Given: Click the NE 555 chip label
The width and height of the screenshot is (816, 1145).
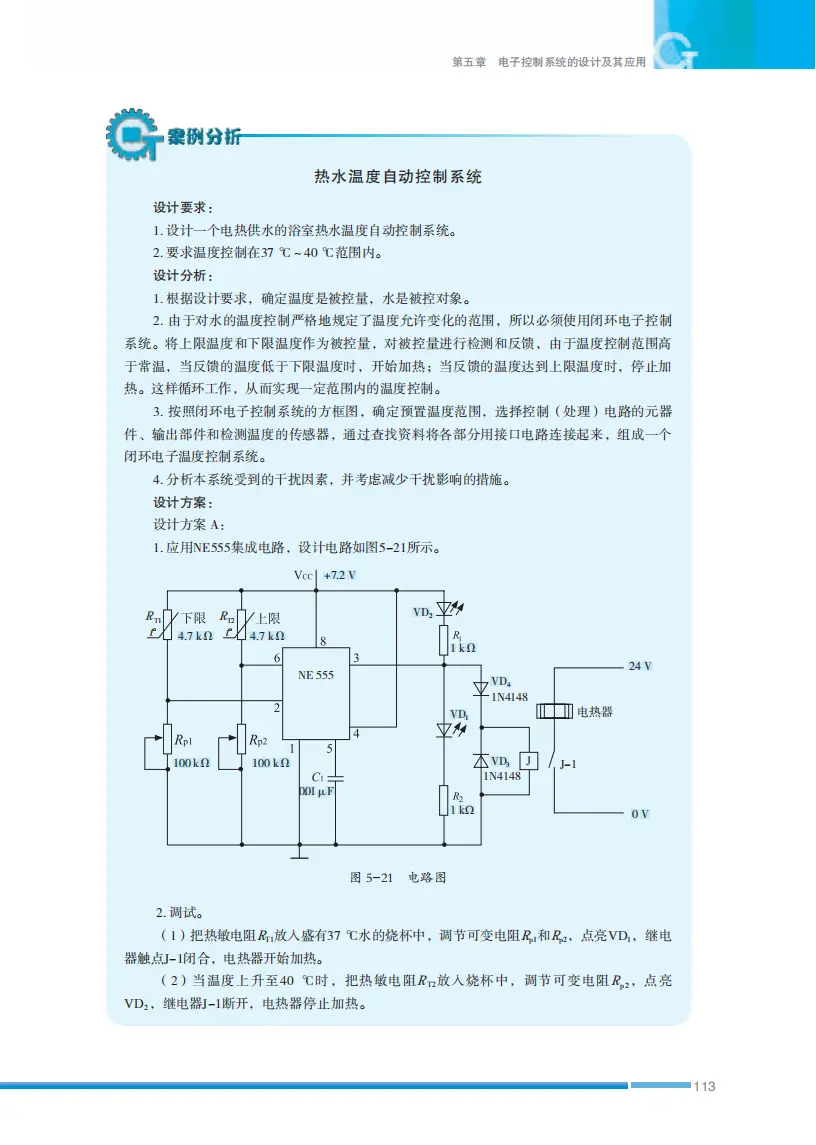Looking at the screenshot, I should click(x=316, y=675).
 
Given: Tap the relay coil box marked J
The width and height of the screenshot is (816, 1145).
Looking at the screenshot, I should click(x=530, y=760).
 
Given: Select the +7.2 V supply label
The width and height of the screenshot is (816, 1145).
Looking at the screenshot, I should click(x=340, y=576).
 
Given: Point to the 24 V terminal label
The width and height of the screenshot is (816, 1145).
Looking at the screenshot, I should click(x=640, y=666).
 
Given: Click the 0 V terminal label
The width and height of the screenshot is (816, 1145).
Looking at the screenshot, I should click(x=640, y=814).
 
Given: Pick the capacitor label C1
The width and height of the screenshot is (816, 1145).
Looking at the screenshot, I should click(x=318, y=776).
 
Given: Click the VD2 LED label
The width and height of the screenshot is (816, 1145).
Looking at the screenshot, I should click(x=423, y=611).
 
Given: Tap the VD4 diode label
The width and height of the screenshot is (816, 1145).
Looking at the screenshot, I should click(x=501, y=681).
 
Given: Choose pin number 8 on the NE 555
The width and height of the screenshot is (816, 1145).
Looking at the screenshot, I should click(x=322, y=640).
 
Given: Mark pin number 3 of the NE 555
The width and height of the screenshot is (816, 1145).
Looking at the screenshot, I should click(x=357, y=657).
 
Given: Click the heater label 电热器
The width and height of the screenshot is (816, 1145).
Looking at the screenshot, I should click(x=595, y=712).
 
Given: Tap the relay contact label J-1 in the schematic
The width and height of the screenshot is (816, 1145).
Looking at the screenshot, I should click(x=570, y=762).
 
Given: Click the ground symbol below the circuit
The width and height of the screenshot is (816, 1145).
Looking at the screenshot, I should click(x=298, y=854).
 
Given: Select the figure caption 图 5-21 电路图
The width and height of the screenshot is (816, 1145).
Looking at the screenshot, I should click(x=397, y=878).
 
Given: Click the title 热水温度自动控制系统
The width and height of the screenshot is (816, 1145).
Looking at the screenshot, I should click(x=398, y=177).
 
